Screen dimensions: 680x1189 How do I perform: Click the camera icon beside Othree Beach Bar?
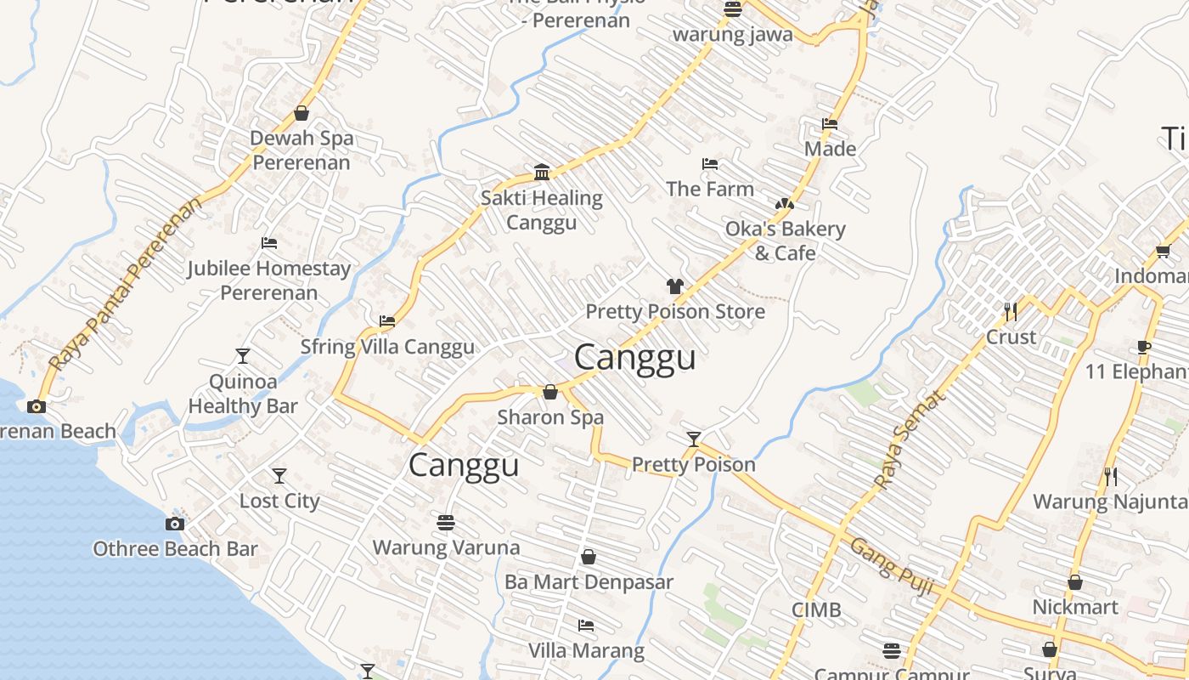pos(175,524)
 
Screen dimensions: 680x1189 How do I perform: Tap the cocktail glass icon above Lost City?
pos(279,476)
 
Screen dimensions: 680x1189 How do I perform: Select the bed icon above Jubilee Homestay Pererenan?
pos(269,243)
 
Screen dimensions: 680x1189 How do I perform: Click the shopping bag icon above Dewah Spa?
pos(301,113)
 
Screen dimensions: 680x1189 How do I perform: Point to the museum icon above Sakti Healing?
pos(542,173)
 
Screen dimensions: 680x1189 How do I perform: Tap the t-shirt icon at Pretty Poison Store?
pos(674,286)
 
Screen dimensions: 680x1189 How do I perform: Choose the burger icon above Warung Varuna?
pos(446,522)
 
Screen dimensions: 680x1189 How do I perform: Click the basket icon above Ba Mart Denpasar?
pos(588,557)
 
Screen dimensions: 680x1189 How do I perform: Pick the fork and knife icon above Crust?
pos(1011,312)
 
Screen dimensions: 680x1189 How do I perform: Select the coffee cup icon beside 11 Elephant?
pos(1144,347)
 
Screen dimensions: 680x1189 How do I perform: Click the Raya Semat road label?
pos(908,439)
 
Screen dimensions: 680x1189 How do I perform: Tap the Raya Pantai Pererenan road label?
pos(127,284)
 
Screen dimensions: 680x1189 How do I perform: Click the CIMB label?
pos(816,609)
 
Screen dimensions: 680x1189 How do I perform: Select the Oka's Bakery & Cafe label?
pos(786,241)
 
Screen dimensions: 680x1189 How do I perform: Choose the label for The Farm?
pos(710,189)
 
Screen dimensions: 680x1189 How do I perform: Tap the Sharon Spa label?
pos(550,417)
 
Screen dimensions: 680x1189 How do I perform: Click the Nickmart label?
pos(1075,607)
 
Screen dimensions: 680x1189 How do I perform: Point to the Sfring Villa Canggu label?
pos(387,347)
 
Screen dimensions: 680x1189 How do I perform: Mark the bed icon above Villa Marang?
pos(586,626)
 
